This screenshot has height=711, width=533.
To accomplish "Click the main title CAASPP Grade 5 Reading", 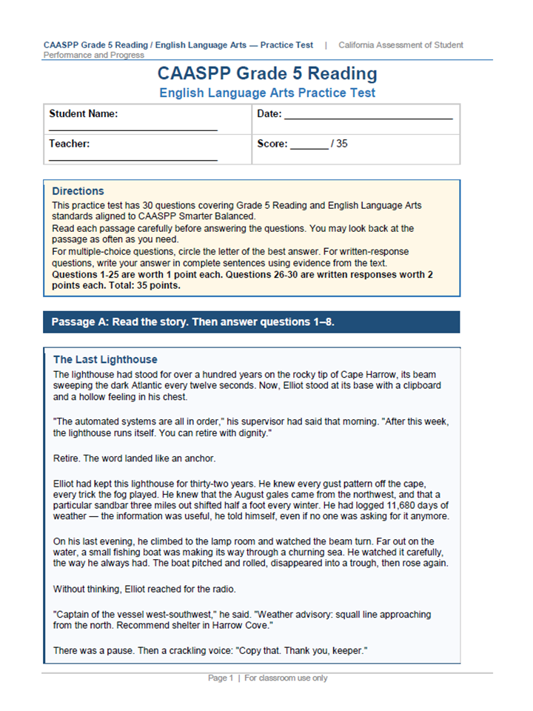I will click(x=267, y=74).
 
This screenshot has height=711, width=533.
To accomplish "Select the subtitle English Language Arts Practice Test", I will click(x=267, y=93).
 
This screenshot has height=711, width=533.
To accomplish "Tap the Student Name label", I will click(x=84, y=114).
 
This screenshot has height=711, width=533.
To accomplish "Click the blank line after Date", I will click(x=368, y=116).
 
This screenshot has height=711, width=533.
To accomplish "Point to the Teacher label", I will click(x=70, y=144).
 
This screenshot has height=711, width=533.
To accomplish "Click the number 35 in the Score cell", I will click(x=341, y=144).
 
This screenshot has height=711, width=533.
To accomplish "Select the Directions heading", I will click(x=78, y=191).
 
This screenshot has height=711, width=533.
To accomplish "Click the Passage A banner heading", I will click(x=192, y=322).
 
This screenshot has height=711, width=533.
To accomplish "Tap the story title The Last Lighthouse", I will click(x=105, y=360).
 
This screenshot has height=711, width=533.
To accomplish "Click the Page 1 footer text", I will click(x=221, y=678).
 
